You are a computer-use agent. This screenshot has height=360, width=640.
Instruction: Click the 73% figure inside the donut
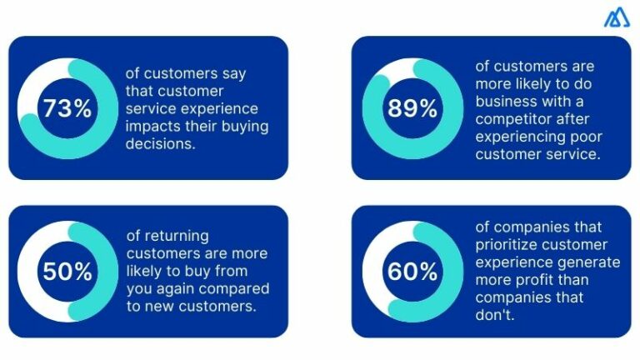pyautogui.click(x=67, y=108)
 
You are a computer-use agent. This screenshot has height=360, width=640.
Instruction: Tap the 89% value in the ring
pyautogui.click(x=412, y=108)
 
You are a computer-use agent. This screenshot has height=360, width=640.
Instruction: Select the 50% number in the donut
pyautogui.click(x=67, y=272)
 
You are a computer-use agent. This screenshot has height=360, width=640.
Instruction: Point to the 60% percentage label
pyautogui.click(x=412, y=272)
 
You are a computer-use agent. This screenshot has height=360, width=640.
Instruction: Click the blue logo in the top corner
pyautogui.click(x=617, y=17)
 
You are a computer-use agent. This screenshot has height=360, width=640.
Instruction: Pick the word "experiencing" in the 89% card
pyautogui.click(x=515, y=136)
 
